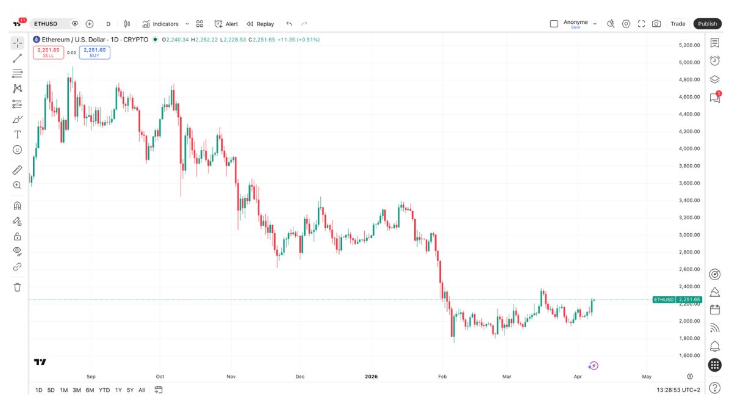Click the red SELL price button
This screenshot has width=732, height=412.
coord(48,52)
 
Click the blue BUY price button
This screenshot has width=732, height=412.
coord(95,52)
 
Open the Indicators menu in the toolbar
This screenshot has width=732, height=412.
coord(160,24)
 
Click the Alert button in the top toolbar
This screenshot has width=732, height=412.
coord(226,24)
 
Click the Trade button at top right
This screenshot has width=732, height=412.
coord(678,24)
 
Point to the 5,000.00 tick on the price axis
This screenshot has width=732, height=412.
coord(689,62)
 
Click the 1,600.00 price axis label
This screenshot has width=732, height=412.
coord(689,355)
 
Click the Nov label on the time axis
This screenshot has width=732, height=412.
coord(231,377)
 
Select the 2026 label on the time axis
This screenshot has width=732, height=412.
coord(370,377)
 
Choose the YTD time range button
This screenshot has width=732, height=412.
coord(104,390)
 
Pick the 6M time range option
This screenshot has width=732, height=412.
coord(90,390)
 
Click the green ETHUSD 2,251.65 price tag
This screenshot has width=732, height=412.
coord(677,300)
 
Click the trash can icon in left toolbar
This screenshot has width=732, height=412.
coord(17,287)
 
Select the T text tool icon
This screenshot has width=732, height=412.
coord(17,134)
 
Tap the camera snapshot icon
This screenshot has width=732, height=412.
coord(656,24)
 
